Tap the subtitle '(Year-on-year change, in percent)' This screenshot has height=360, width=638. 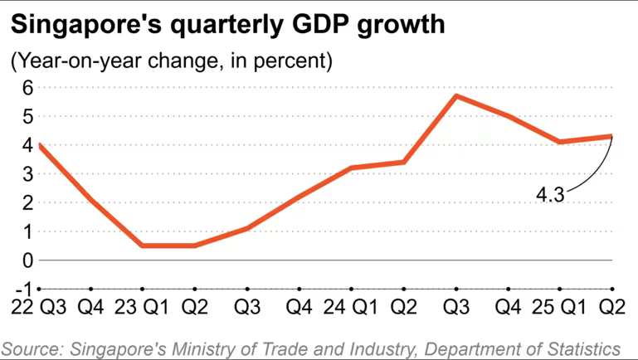click(172, 61)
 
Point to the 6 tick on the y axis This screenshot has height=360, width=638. click(27, 87)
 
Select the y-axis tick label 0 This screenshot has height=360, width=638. click(27, 260)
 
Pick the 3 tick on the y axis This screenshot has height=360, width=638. click(27, 174)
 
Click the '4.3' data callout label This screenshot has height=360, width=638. click(549, 196)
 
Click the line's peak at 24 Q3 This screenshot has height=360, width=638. click(455, 95)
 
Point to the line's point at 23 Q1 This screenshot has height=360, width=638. click(143, 246)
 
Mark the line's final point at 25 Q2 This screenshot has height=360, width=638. click(611, 136)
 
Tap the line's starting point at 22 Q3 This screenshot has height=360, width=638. click(39, 145)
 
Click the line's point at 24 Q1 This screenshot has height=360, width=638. click(352, 168)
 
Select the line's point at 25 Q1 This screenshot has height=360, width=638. click(560, 142)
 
